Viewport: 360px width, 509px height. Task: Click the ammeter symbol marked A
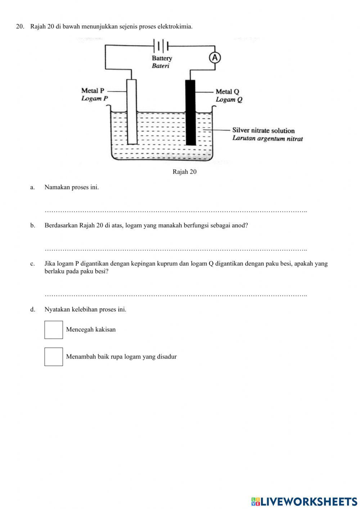215,58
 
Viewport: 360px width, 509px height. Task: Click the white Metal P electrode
132,112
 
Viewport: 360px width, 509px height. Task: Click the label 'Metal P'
93,91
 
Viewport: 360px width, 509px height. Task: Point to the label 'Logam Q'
229,100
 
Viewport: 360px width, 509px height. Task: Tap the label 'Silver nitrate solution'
263,130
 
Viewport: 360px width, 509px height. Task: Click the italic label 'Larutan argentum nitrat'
267,138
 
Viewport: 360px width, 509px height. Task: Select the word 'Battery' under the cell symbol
162,58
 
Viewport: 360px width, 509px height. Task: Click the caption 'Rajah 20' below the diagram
184,172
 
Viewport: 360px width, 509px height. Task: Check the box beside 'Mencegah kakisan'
54,330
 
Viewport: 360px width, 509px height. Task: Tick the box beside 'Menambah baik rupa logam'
54,357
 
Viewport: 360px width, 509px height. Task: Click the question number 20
20,27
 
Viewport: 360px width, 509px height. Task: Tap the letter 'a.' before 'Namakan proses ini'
33,187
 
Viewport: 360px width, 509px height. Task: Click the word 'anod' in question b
241,226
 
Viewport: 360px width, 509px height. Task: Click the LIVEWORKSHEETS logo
304,501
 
